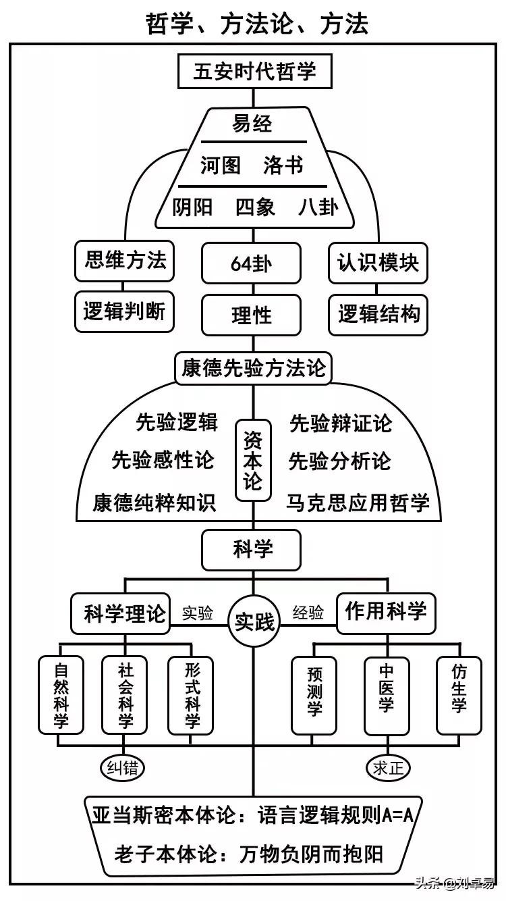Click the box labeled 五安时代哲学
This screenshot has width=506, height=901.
tap(254, 71)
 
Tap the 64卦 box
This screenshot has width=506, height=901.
tap(251, 263)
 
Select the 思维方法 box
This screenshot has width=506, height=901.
tap(125, 261)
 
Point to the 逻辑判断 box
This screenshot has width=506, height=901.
tap(124, 311)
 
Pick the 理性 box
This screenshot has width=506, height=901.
tap(251, 315)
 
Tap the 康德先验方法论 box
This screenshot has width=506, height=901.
tap(253, 368)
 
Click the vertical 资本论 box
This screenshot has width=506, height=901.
tap(253, 461)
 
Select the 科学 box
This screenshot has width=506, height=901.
tap(252, 550)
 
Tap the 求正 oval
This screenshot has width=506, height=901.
tap(388, 767)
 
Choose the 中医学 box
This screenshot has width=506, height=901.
tap(386, 696)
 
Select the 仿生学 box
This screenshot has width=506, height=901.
tap(459, 696)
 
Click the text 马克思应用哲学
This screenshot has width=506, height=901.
tap(358, 503)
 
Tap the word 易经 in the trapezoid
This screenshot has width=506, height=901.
tap(252, 124)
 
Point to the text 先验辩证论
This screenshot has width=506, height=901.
tap(340, 423)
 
